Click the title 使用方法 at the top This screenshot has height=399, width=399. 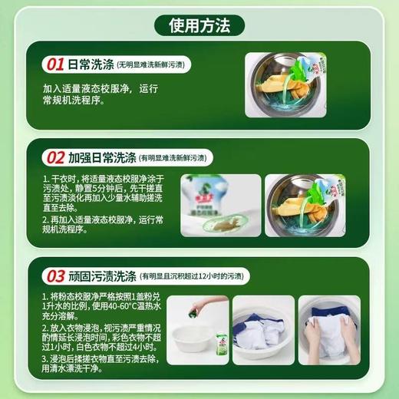[x=199, y=27]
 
